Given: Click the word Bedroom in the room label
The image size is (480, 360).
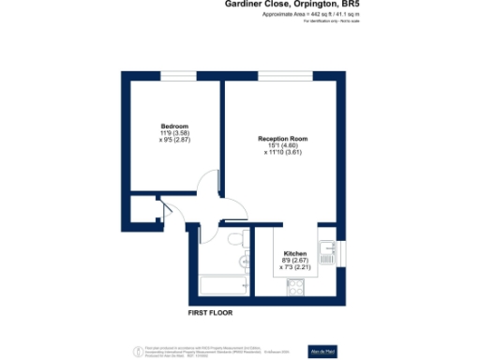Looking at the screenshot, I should click(175, 127).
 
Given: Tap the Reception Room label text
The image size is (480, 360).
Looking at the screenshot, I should click(283, 139).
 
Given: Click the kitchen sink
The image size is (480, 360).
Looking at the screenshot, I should click(327, 251).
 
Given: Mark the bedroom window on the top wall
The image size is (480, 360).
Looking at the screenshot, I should click(173, 75).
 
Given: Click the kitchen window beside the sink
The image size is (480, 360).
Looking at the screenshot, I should click(340, 249).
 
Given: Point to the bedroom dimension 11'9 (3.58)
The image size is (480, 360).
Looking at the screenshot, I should click(175, 133).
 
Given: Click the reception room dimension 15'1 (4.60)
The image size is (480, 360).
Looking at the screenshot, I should click(283, 145).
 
